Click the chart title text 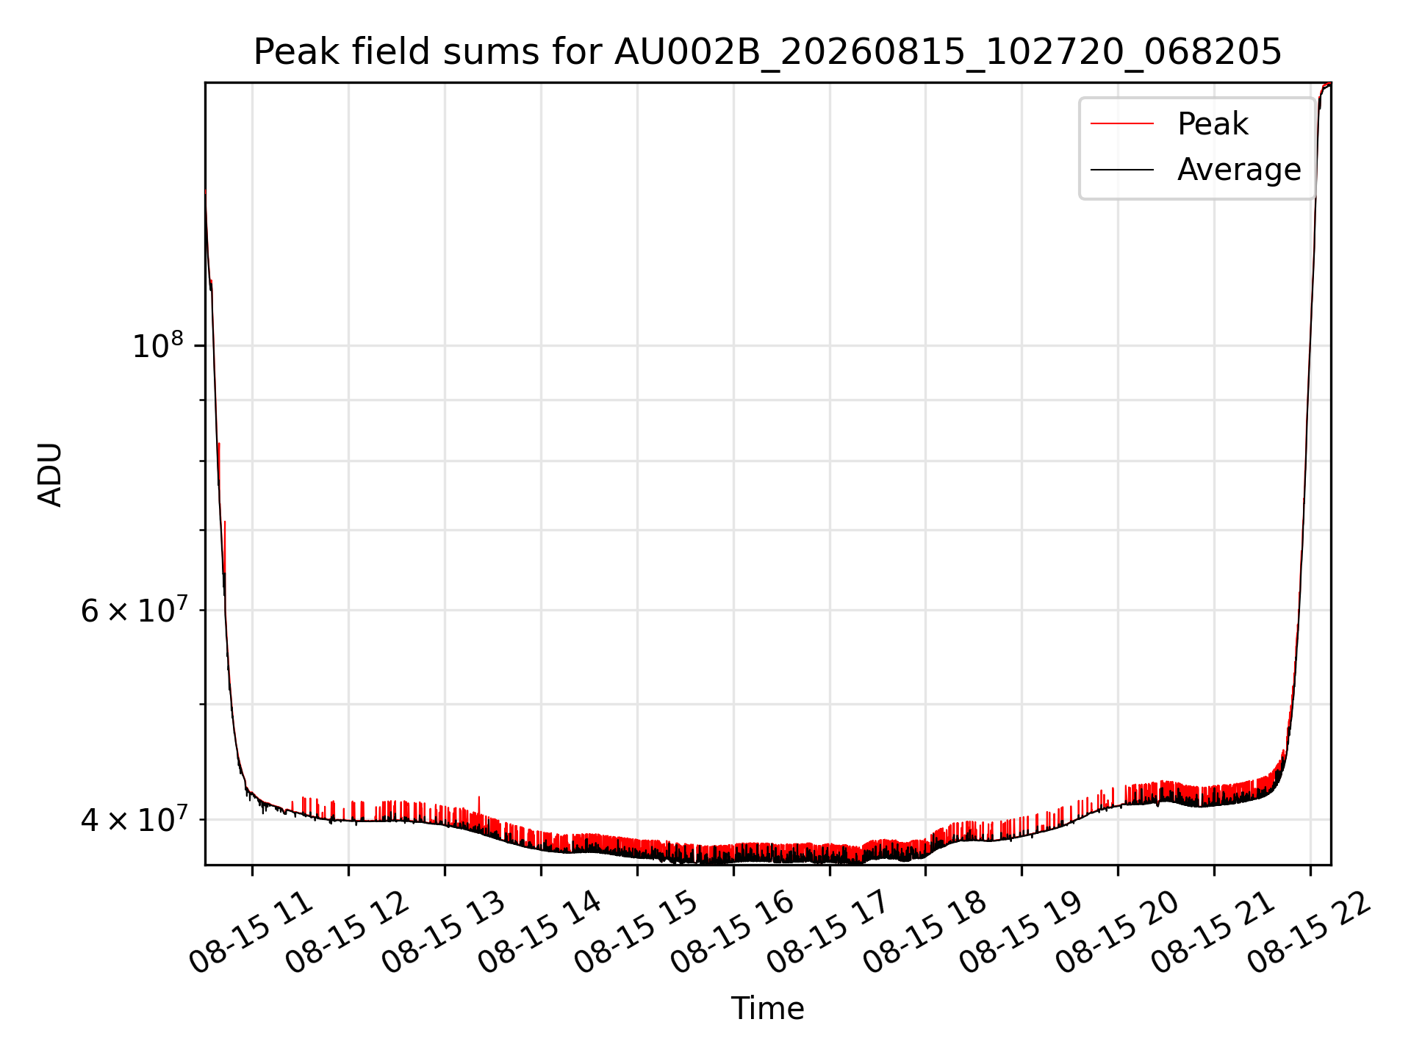767,52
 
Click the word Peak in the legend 1213,123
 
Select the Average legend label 1239,170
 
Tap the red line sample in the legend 1122,123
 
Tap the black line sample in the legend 1122,170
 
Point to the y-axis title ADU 50,475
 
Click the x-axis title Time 767,1008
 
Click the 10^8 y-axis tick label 157,345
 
